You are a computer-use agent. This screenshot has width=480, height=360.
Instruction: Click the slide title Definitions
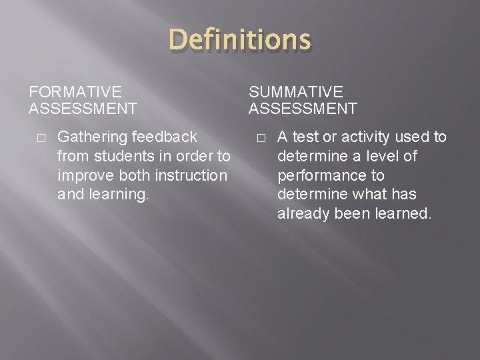click(240, 40)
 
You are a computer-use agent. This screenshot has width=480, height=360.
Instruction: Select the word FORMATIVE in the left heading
click(75, 92)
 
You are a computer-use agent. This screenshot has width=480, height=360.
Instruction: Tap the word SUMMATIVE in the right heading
click(296, 92)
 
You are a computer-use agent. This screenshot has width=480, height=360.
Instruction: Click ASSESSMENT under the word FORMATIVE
click(83, 108)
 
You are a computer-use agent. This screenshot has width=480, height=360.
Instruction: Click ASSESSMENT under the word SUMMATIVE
click(303, 108)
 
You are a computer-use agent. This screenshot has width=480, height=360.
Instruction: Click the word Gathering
click(93, 137)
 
